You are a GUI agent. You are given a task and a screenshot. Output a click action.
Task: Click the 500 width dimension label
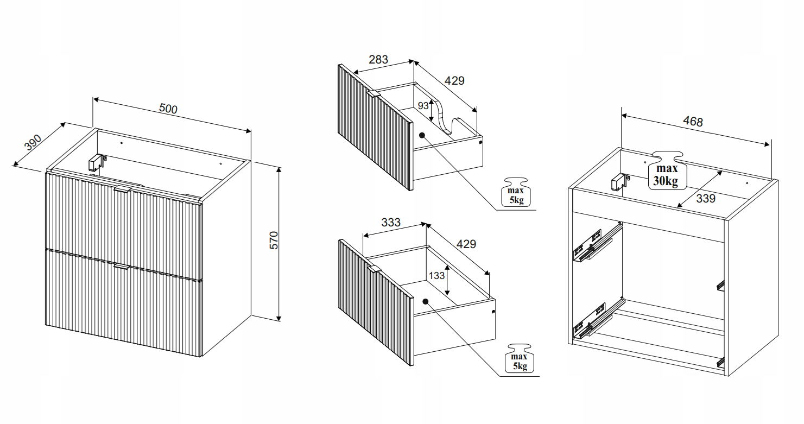[x=168, y=109]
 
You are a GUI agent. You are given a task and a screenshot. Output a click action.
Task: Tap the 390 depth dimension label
[x=33, y=143]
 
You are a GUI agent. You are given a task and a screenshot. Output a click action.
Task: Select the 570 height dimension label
[x=274, y=241]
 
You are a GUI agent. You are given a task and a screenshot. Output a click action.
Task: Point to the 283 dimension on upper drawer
[x=378, y=59]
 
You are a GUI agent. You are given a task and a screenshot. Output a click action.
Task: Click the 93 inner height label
[x=423, y=105]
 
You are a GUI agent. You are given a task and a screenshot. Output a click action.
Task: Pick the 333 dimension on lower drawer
[x=391, y=223]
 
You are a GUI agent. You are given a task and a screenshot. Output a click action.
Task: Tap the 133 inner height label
[x=436, y=275]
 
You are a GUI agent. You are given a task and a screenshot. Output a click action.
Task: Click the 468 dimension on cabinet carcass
[x=693, y=122]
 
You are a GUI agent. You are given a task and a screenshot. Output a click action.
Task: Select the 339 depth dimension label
[x=706, y=198]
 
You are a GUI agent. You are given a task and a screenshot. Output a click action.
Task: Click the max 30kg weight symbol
[x=667, y=170]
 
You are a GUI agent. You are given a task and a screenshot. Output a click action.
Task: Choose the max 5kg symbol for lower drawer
[x=519, y=358]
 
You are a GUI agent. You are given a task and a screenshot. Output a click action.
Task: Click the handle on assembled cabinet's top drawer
[x=123, y=189]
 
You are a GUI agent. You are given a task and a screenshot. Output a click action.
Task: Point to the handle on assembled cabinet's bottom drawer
[x=121, y=267]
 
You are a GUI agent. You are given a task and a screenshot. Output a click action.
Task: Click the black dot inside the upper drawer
[x=422, y=135]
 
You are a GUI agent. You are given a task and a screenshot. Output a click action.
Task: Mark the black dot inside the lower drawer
[x=426, y=301]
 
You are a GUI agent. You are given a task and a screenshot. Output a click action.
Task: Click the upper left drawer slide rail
[x=597, y=242]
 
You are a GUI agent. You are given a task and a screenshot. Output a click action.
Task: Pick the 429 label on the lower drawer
[x=466, y=244]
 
